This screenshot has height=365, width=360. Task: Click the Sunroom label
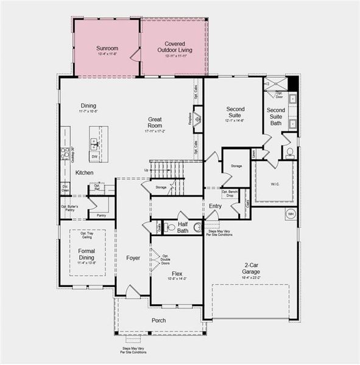point(107,48)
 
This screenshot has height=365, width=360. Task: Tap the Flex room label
point(177,274)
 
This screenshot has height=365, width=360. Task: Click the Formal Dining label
point(86,254)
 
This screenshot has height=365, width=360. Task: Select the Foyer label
point(133,258)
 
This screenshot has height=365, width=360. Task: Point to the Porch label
point(158,321)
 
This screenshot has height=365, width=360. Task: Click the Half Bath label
point(183,227)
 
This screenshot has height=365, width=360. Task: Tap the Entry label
point(216,206)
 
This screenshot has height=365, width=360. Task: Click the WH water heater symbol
point(291,214)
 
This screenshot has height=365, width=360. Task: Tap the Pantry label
point(102,215)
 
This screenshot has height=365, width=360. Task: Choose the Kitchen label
point(84,173)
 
